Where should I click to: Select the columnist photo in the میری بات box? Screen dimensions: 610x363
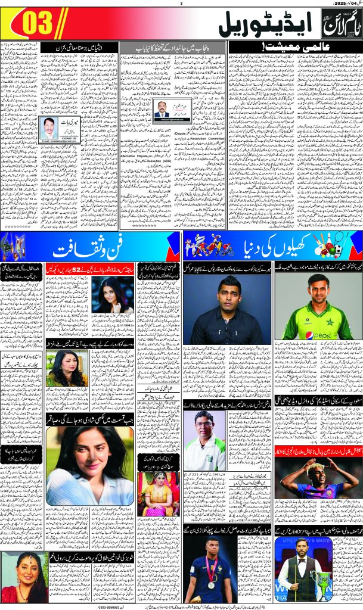tap(49, 126)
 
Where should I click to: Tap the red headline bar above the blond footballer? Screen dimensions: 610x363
tap(319, 438)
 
